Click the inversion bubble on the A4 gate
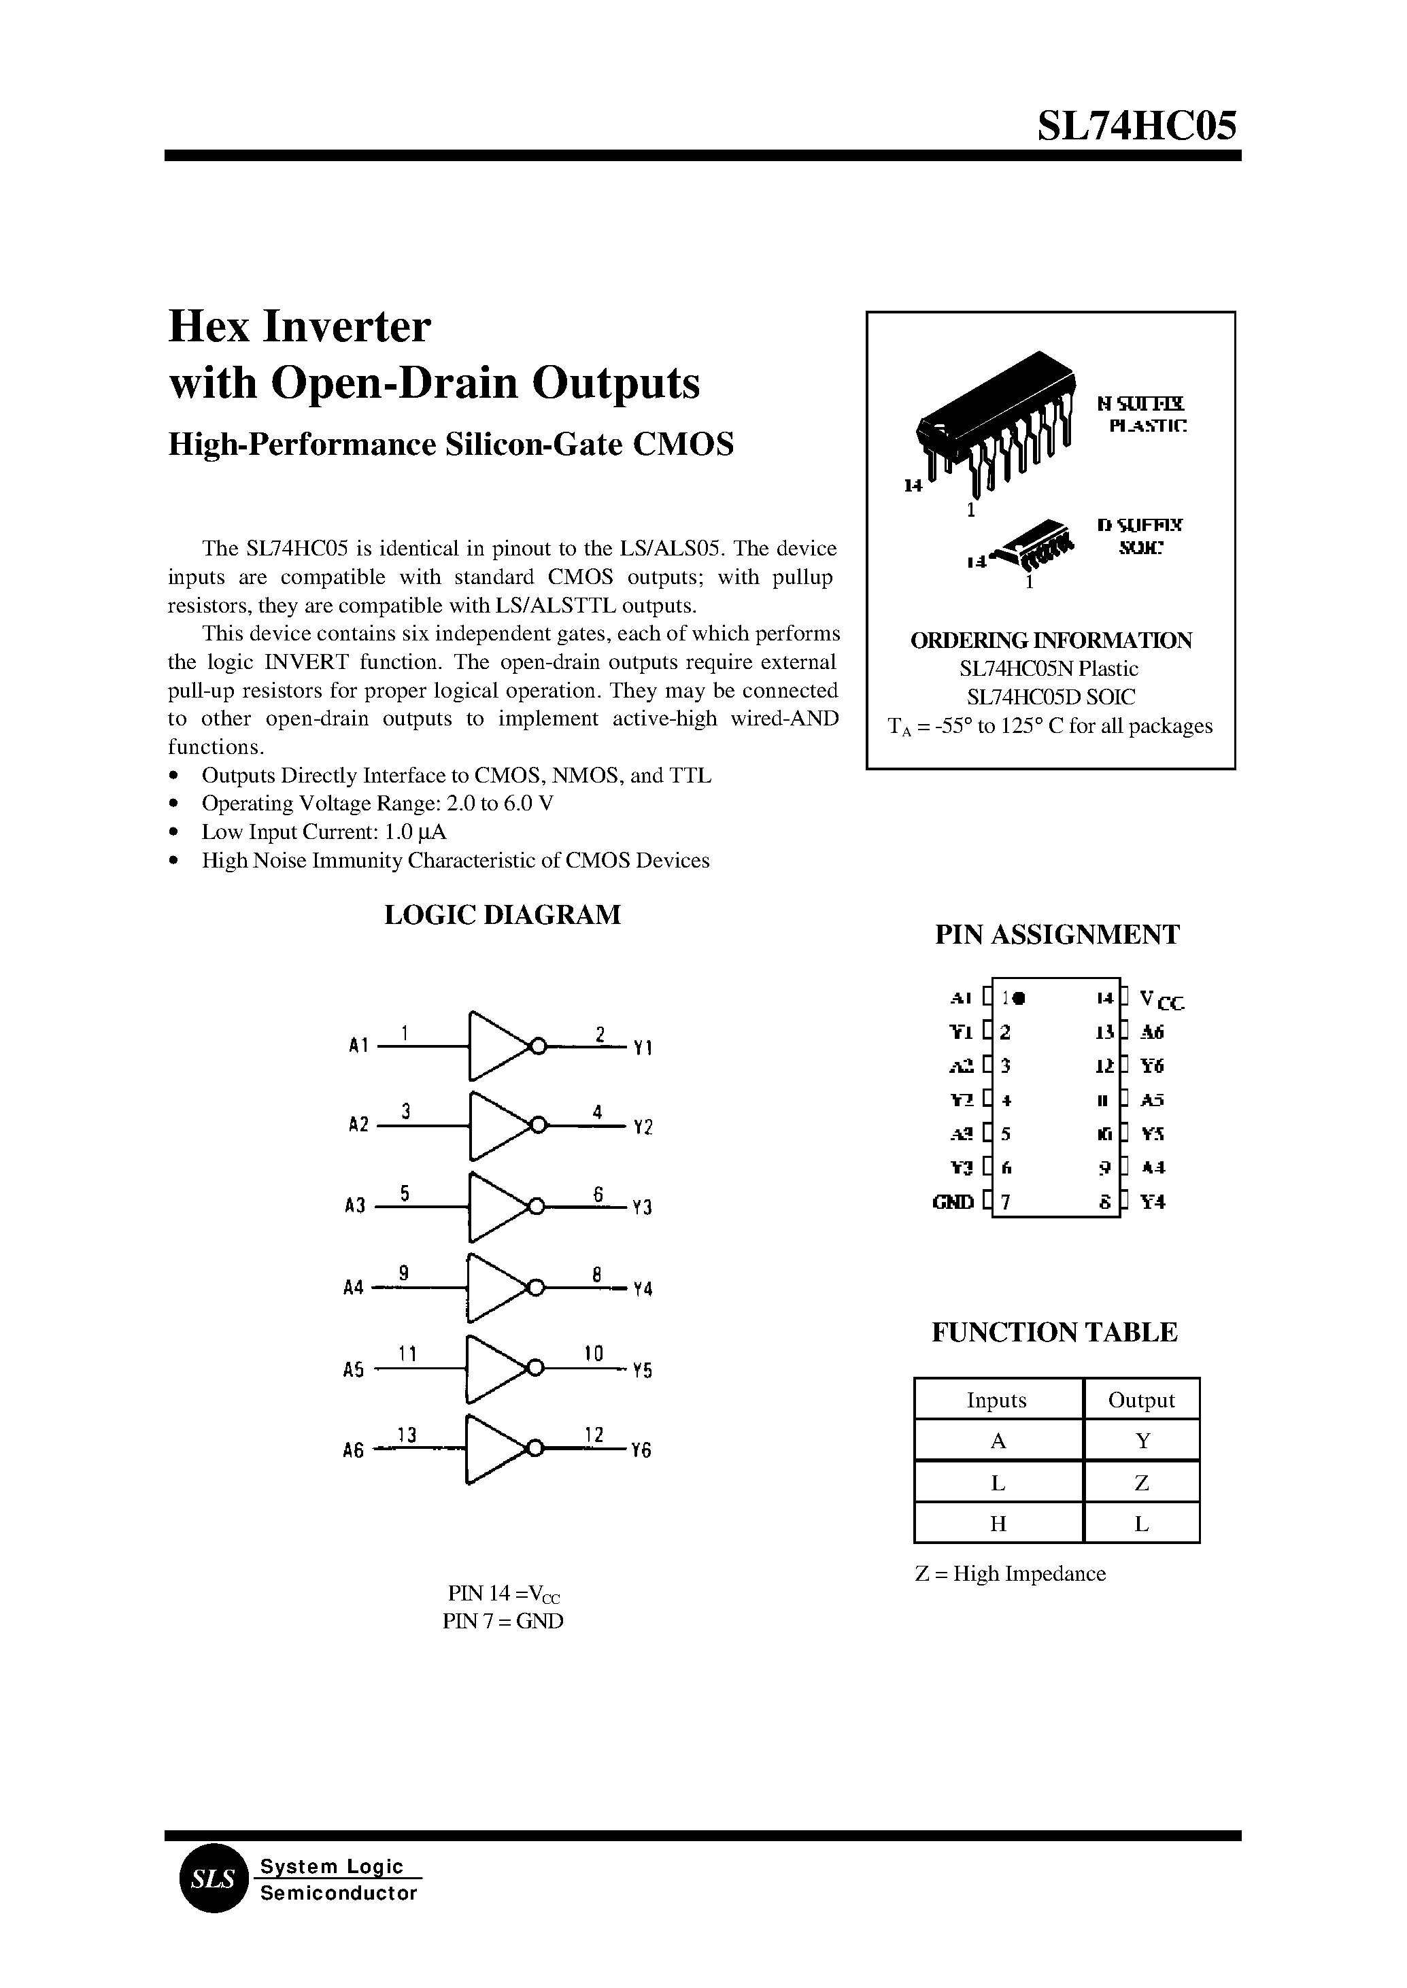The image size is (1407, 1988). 537,1287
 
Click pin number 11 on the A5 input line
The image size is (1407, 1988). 408,1353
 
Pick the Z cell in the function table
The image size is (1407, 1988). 1141,1484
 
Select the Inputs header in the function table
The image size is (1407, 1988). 996,1401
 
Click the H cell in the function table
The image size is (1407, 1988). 997,1524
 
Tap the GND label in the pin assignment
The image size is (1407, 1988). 952,1202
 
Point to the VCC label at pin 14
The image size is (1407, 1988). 1161,1001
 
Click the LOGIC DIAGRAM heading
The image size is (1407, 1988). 502,916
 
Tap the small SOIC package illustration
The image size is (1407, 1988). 1034,547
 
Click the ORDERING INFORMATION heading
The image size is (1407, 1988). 1050,641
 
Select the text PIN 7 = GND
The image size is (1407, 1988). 503,1621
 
